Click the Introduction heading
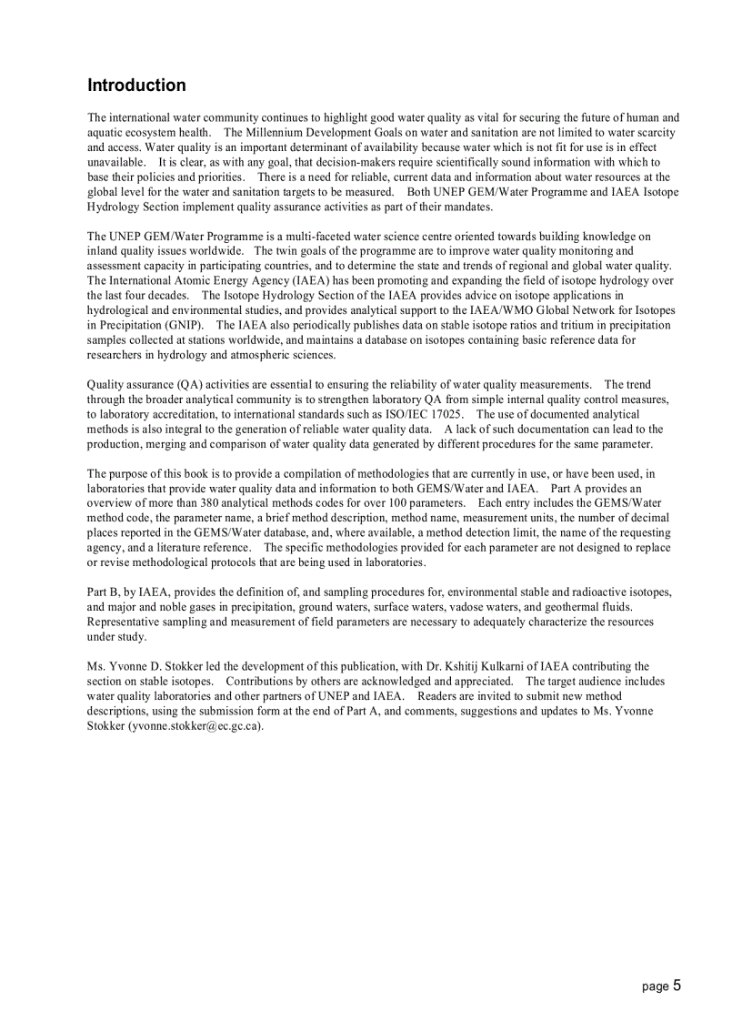[136, 86]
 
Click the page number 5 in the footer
[677, 986]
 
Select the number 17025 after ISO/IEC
[441, 414]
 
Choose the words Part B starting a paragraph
[103, 592]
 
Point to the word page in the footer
[654, 987]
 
